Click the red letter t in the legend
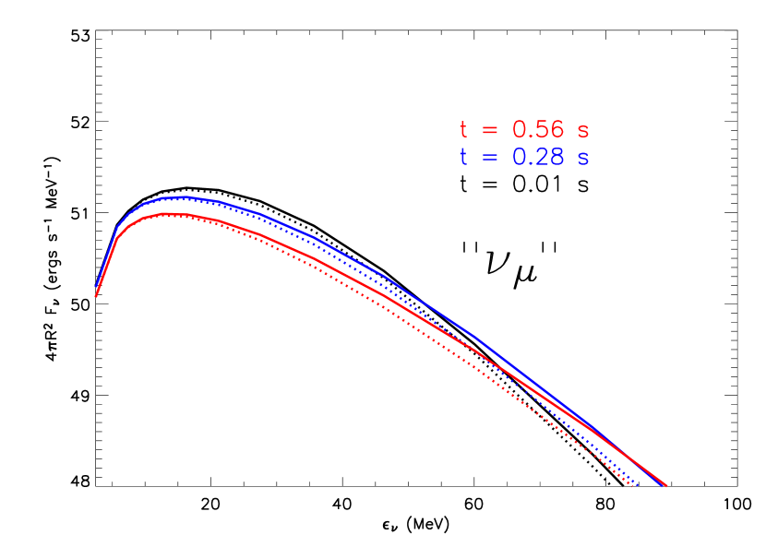point(463,130)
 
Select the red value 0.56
point(538,130)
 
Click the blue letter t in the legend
point(463,158)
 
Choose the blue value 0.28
point(538,158)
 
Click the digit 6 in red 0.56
point(557,130)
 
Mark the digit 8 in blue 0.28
point(557,158)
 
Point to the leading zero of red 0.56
point(520,130)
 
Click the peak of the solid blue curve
point(180,196)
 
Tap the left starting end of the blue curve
point(97,288)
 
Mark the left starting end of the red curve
point(96,296)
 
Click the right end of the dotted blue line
point(637,483)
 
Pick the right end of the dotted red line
point(633,486)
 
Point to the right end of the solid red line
point(665,486)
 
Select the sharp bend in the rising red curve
point(115,242)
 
